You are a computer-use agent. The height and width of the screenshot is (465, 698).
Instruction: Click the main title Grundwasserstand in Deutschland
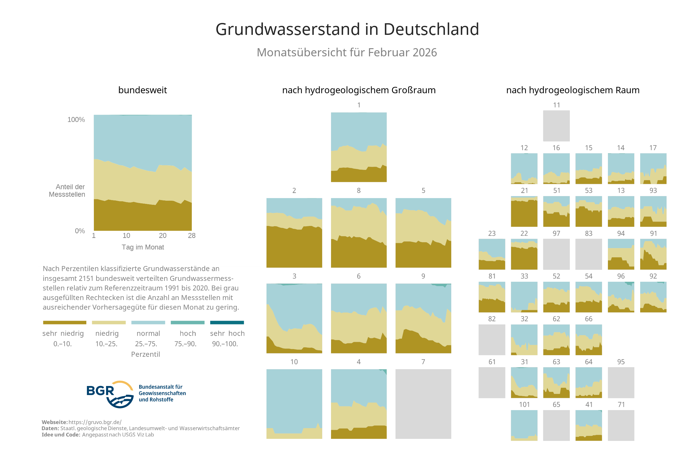(347, 29)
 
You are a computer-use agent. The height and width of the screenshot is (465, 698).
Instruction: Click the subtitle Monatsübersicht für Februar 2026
(346, 53)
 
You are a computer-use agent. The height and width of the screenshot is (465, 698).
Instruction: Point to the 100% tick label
(76, 119)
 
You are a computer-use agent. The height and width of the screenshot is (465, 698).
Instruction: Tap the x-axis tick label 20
(162, 236)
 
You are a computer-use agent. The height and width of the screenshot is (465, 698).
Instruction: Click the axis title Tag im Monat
(143, 247)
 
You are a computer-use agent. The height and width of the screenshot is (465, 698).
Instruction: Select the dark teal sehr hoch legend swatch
(227, 322)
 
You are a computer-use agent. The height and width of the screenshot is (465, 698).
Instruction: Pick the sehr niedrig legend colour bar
(65, 322)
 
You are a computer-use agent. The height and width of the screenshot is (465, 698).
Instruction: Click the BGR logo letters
(100, 391)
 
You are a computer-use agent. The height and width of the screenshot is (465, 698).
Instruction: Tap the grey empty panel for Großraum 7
(423, 404)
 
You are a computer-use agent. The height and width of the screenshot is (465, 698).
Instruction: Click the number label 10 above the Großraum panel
(294, 362)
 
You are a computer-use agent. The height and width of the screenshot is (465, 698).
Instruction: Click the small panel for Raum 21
(524, 211)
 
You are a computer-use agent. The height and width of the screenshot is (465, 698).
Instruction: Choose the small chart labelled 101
(524, 425)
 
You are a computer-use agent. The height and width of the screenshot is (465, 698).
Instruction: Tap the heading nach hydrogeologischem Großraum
(359, 90)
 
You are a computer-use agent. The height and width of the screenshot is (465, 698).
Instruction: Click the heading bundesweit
(142, 90)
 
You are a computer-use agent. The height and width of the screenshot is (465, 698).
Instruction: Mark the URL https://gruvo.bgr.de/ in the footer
(95, 422)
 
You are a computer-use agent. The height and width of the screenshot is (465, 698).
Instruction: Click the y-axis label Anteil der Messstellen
(67, 191)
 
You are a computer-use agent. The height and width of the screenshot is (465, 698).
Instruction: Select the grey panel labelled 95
(621, 383)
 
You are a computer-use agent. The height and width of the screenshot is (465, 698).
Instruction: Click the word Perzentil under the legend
(145, 354)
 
